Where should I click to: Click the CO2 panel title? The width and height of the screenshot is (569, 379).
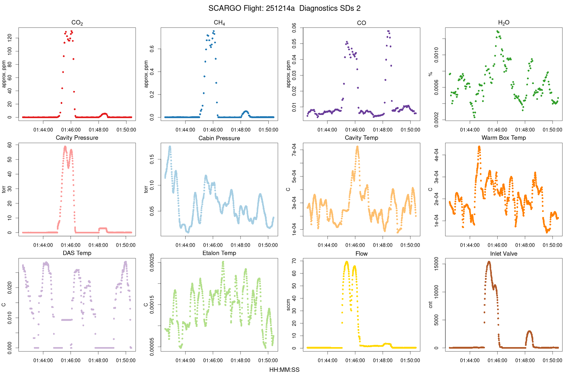77,23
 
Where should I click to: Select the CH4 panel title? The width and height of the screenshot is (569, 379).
219,23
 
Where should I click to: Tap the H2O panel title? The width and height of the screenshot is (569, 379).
504,23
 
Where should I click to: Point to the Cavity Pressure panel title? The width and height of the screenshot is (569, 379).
77,138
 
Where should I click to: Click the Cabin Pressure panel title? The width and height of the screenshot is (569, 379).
219,138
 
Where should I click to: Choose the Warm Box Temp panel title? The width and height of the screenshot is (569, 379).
504,138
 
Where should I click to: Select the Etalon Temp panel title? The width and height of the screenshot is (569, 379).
219,253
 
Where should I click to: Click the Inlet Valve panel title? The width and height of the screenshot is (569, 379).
504,254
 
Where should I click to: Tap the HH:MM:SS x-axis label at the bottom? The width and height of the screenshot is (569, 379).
284,370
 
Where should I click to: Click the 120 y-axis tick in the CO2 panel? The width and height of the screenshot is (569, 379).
9,38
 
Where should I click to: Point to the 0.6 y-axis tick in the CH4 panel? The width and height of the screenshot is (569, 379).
152,49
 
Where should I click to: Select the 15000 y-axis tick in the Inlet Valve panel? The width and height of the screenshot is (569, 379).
436,264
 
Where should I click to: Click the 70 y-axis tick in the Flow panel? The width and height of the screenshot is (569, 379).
294,261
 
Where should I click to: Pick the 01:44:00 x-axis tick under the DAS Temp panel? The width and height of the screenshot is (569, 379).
43,360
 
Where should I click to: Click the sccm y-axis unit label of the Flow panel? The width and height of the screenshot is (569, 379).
288,305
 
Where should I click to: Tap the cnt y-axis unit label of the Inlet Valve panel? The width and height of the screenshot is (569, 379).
431,305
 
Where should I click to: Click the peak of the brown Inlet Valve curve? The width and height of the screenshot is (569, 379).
489,262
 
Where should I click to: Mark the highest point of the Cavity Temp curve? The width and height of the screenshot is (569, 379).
357,147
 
